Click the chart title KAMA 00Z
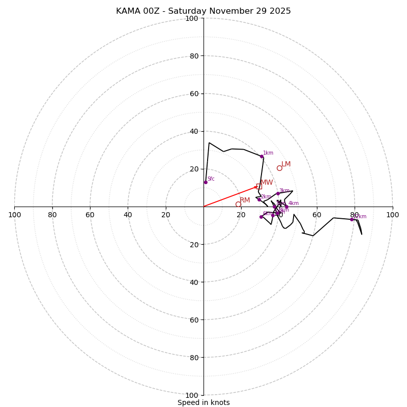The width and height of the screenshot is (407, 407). pos(203,11)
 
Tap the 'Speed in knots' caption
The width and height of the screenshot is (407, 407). pos(203,402)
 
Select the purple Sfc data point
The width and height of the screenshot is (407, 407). pos(206,182)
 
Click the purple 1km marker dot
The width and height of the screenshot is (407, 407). pos(261,156)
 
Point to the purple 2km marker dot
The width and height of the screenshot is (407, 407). pos(259,199)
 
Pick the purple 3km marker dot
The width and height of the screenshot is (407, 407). pos(278,193)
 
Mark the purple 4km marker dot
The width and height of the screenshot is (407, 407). pos(286,207)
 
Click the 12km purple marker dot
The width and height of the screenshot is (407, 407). pos(352,219)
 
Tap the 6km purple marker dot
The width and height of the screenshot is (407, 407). pos(261,217)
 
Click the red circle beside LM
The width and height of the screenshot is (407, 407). pos(279,168)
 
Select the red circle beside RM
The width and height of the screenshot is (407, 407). pos(238,204)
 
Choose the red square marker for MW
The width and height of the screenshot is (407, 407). pos(259,186)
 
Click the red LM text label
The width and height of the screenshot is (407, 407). pos(286,164)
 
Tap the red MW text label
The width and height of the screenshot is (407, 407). pos(267,183)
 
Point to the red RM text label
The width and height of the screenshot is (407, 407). pos(245,200)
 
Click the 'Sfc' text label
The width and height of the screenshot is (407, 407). pos(211,179)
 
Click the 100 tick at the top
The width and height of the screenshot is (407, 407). pos(192,18)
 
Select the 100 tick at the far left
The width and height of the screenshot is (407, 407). pos(15,215)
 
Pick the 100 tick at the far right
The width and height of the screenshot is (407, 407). pos(392,215)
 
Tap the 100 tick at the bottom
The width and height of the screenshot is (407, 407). pos(192,395)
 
